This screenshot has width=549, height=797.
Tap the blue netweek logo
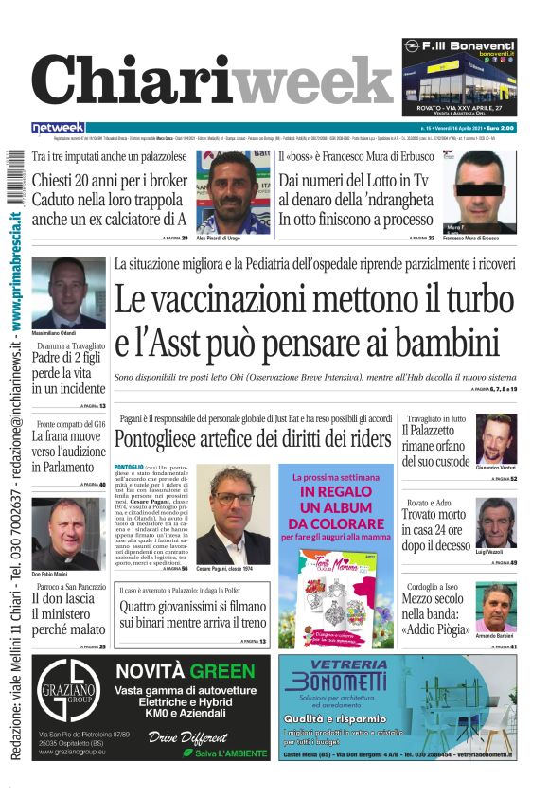[58, 128]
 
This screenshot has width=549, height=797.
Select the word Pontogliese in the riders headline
[168, 439]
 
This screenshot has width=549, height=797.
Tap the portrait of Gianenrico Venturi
[495, 438]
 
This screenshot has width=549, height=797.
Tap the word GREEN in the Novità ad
[224, 671]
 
